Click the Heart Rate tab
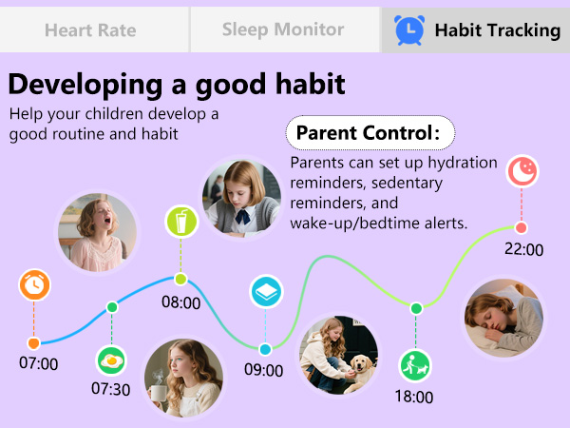pyautogui.click(x=90, y=30)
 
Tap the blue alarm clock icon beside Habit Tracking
pyautogui.click(x=409, y=30)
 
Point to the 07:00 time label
pyautogui.click(x=38, y=363)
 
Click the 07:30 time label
pyautogui.click(x=110, y=388)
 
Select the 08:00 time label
pyautogui.click(x=180, y=303)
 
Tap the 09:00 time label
pyautogui.click(x=264, y=370)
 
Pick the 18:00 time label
pyautogui.click(x=413, y=397)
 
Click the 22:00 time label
pyautogui.click(x=523, y=250)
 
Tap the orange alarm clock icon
pyautogui.click(x=34, y=284)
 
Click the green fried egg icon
pyautogui.click(x=110, y=360)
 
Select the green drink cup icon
pyautogui.click(x=180, y=222)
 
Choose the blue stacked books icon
pyautogui.click(x=264, y=291)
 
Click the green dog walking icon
pyautogui.click(x=414, y=362)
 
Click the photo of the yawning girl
pyautogui.click(x=97, y=232)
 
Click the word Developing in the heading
pyautogui.click(x=81, y=85)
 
